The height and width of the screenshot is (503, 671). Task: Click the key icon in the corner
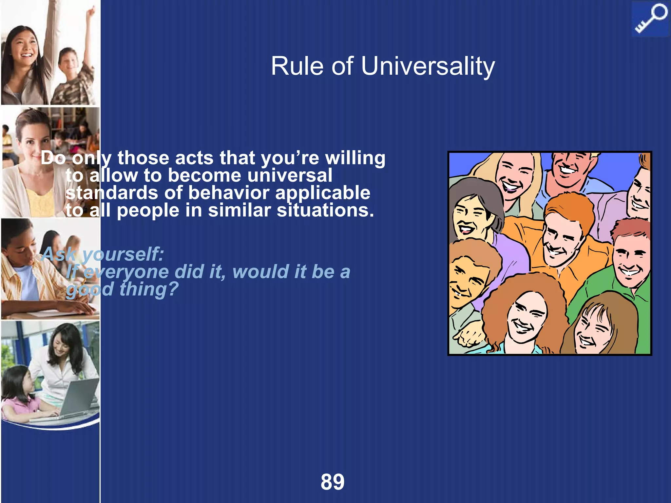coord(650,19)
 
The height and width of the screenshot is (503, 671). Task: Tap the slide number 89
coord(332,482)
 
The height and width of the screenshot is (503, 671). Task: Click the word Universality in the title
coord(428,66)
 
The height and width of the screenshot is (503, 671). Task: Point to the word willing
coord(355,158)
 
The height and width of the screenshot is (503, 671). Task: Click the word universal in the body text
coord(290,176)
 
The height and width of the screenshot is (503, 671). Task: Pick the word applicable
coord(323,193)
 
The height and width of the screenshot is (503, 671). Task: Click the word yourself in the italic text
coord(123,254)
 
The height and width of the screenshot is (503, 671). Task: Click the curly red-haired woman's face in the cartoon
coord(526,314)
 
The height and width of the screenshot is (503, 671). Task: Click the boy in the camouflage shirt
coord(70,75)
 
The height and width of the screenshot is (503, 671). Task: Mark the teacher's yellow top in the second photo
coord(41,201)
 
